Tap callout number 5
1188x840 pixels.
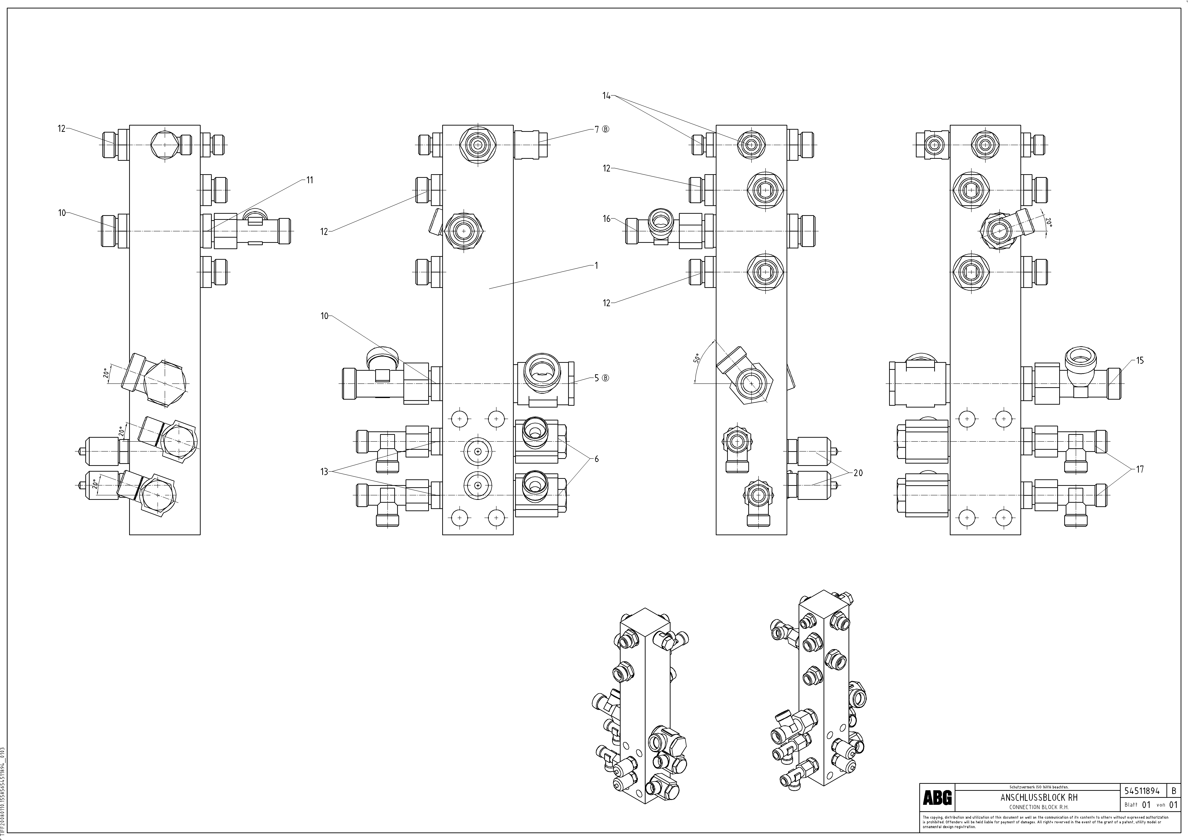click(x=596, y=378)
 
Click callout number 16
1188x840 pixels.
click(x=606, y=219)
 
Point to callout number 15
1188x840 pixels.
click(x=1140, y=360)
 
